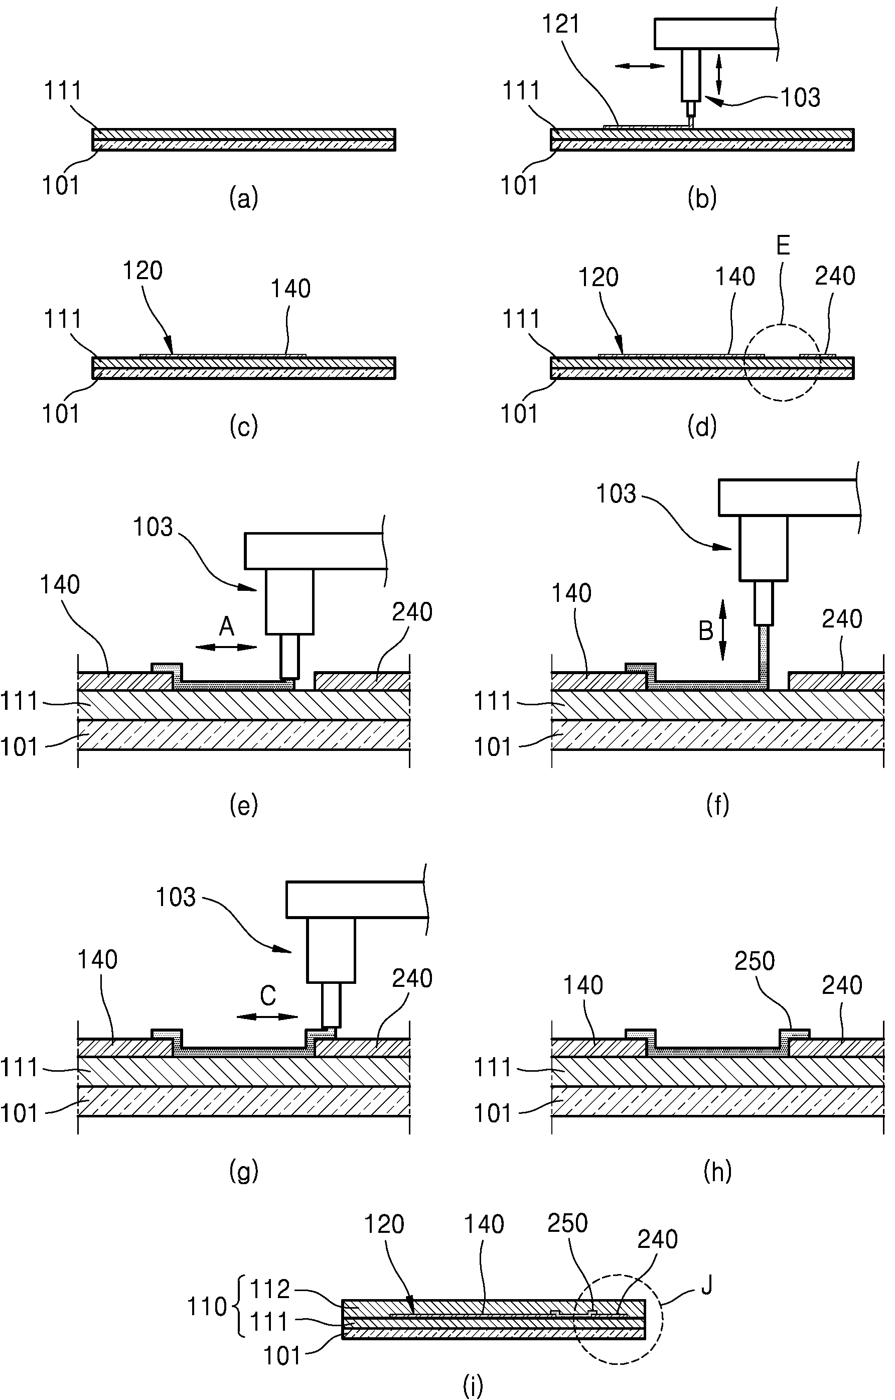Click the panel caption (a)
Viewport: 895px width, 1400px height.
click(x=243, y=198)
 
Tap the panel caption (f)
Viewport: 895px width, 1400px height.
click(x=717, y=806)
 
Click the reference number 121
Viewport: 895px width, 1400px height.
click(x=561, y=25)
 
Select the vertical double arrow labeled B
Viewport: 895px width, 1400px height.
click(x=723, y=630)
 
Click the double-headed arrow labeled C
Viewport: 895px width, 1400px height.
click(x=267, y=1017)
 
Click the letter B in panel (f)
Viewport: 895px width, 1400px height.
click(x=705, y=631)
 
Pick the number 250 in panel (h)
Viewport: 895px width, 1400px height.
click(x=755, y=962)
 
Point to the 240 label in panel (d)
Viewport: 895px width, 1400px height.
click(x=835, y=276)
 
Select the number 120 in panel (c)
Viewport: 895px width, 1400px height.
click(x=143, y=271)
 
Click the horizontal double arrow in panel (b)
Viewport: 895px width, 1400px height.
click(x=639, y=66)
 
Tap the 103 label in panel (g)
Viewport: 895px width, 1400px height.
click(x=176, y=898)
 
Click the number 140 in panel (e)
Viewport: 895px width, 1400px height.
click(x=60, y=585)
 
